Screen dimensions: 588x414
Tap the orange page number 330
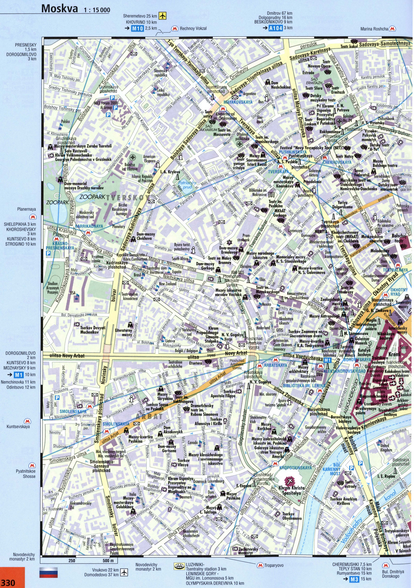tap(8, 582)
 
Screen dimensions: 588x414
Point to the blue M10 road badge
tap(137, 28)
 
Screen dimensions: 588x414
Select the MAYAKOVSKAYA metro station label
tap(238, 102)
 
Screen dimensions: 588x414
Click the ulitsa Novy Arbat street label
tap(64, 356)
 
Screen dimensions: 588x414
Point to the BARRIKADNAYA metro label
tap(89, 226)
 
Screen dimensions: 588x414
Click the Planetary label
tap(118, 227)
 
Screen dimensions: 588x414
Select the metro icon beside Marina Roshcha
tap(392, 29)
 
